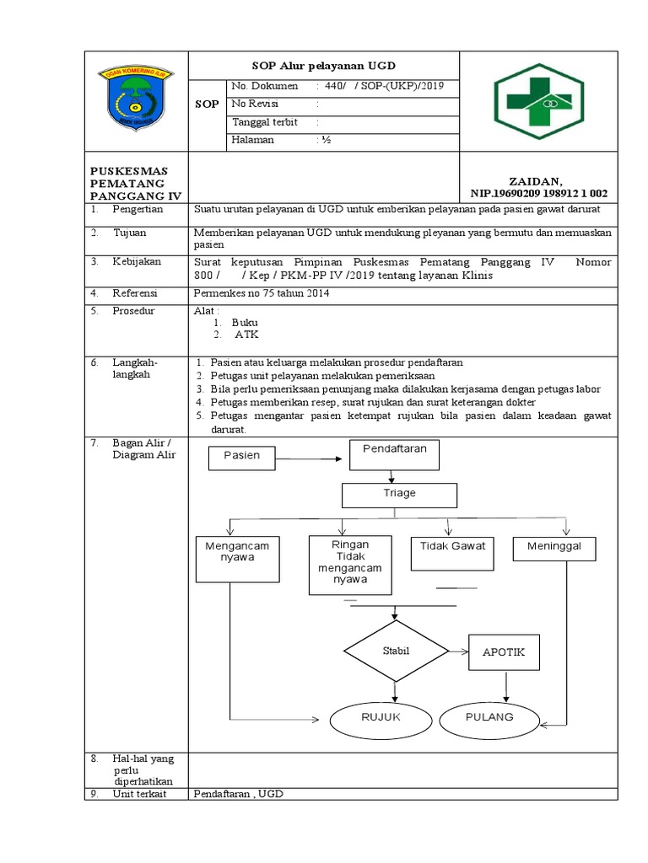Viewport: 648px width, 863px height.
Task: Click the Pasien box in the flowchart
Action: tap(244, 457)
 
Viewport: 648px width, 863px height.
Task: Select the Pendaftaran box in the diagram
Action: tap(394, 455)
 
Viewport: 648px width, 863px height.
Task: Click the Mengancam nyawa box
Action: tap(237, 558)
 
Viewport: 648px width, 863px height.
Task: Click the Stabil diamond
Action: tap(394, 651)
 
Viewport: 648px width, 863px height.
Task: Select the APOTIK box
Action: tap(504, 652)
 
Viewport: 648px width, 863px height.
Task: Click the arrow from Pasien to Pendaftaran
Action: tap(312, 458)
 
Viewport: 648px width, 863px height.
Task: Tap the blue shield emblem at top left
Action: tap(135, 99)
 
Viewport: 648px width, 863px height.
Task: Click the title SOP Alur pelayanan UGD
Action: tap(324, 65)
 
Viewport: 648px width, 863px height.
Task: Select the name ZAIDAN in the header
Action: tap(534, 181)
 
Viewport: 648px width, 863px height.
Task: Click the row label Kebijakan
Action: tap(137, 262)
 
